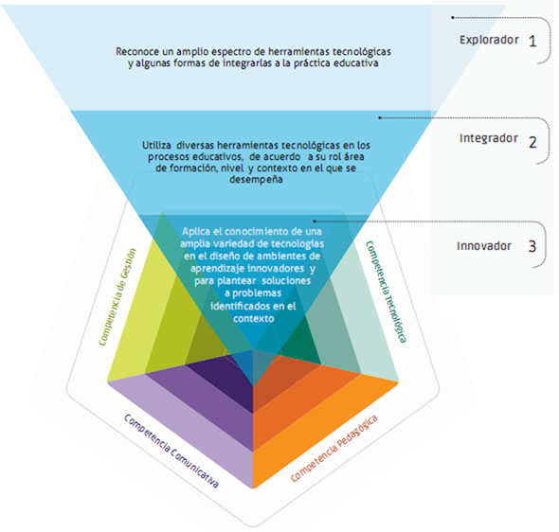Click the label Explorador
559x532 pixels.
[489, 40]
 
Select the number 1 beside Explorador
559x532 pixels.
[532, 42]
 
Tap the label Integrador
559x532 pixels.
[488, 138]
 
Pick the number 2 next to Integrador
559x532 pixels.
[532, 142]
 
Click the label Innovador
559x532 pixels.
[484, 246]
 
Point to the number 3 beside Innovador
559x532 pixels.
[532, 246]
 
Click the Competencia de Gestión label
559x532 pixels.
[117, 297]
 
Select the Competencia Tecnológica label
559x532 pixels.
[386, 292]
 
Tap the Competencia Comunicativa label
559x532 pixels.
[171, 451]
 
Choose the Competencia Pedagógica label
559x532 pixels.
[334, 449]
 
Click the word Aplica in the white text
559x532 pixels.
[196, 232]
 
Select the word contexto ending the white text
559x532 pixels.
[254, 318]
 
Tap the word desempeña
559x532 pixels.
[256, 180]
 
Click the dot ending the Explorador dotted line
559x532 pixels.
[453, 17]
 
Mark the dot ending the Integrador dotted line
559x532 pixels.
[380, 117]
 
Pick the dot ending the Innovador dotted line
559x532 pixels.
[315, 222]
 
